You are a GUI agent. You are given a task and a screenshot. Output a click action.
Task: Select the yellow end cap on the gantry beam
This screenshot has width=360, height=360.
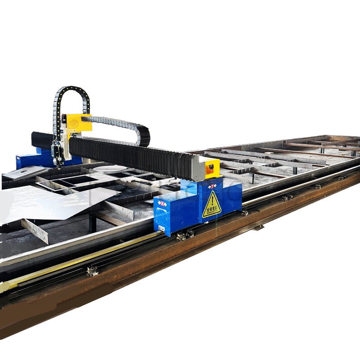pos(212,167)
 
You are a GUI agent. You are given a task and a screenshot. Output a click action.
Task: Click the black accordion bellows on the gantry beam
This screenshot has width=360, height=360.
pos(130,155)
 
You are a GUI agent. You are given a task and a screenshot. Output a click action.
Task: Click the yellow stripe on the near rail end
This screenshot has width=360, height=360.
pos(54,265)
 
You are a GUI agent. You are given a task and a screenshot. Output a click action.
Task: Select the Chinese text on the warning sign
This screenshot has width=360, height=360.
pos(211,210)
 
